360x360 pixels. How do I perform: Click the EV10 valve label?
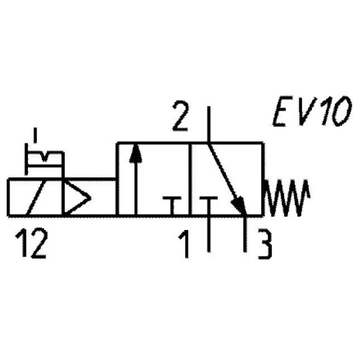[311, 114]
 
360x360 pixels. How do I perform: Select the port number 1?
[183, 245]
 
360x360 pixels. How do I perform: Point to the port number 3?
[265, 245]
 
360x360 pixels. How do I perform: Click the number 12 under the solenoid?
[31, 245]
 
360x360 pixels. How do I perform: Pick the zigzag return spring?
[288, 197]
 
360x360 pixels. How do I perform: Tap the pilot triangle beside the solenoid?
[75, 197]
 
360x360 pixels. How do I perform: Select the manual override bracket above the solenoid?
[43, 159]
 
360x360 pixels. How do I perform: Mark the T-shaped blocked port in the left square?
[173, 203]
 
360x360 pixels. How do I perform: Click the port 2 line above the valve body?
[209, 123]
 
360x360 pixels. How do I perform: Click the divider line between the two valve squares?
[190, 179]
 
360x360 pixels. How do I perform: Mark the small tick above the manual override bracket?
[35, 138]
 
